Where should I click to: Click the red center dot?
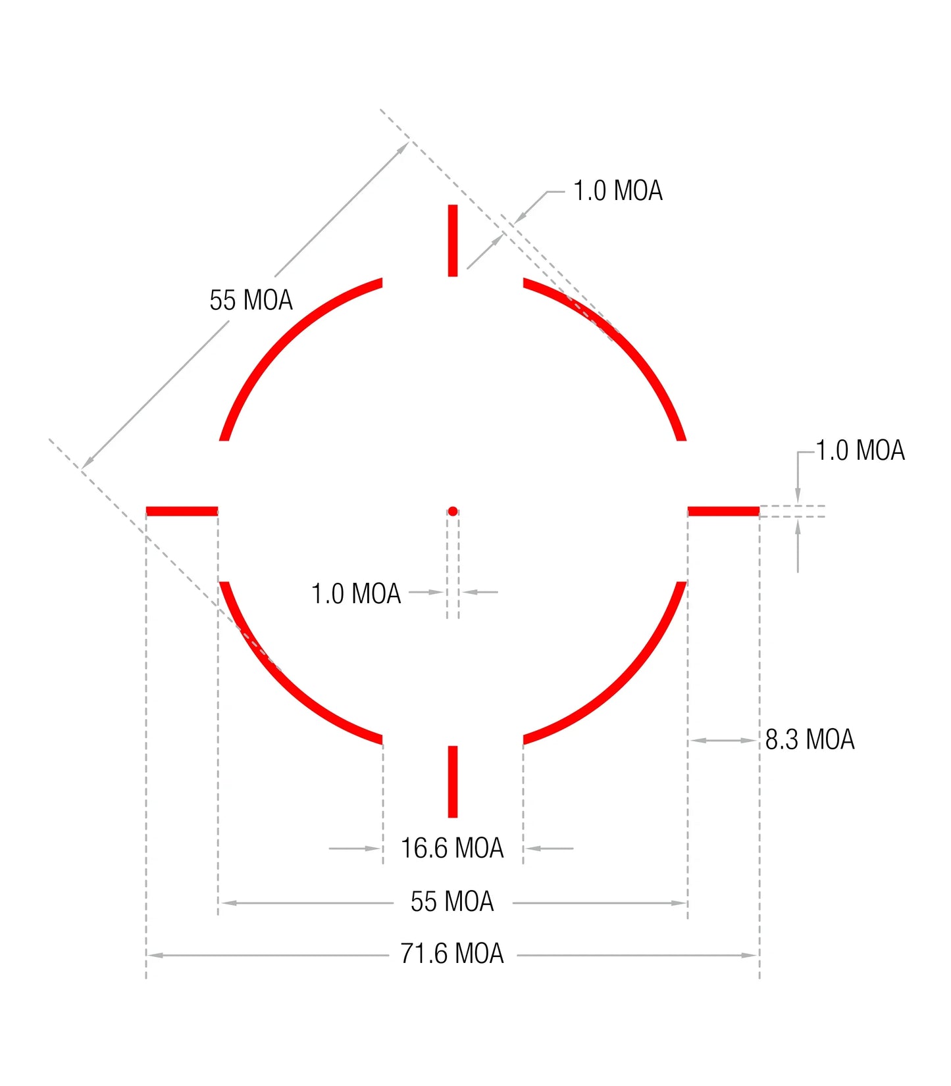[453, 511]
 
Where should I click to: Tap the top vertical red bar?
[453, 241]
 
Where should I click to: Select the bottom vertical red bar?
[453, 781]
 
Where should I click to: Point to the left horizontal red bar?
[182, 511]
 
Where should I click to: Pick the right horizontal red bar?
[723, 511]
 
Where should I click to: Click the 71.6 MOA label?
[452, 954]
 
